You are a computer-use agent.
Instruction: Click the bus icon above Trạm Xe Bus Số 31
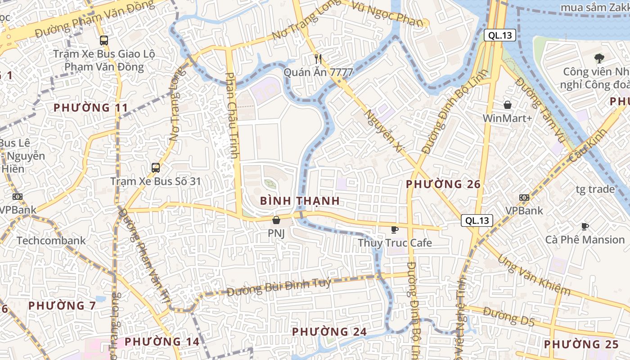156,168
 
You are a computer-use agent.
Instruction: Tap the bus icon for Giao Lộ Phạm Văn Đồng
104,40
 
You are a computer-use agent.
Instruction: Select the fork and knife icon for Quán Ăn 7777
319,58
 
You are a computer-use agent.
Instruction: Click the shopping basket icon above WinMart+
508,105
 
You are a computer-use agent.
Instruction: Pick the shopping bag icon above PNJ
276,220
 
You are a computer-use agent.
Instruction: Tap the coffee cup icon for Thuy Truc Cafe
395,229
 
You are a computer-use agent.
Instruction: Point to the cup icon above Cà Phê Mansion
585,226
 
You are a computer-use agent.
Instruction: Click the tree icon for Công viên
599,58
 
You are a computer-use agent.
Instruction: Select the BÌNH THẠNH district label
300,201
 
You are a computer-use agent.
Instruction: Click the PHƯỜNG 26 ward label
443,184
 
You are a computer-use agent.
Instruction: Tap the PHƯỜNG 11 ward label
91,108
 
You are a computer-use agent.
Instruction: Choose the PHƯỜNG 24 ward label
329,332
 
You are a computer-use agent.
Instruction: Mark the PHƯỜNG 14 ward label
162,342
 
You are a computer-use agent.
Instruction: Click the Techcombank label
51,240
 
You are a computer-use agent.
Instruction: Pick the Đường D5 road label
509,316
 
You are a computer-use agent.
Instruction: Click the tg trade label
595,189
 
